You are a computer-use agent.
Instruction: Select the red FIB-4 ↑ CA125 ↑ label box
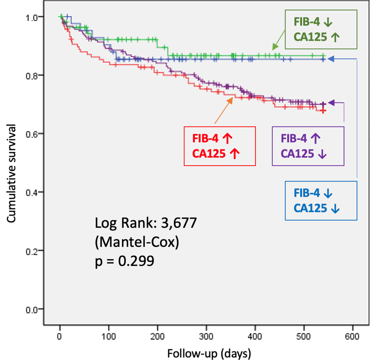point(220,146)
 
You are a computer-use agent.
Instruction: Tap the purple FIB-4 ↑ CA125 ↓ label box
point(308,146)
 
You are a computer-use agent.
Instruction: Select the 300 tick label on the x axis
point(206,337)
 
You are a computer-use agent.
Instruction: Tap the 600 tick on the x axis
point(353,337)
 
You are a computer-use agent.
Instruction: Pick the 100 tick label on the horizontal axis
point(108,337)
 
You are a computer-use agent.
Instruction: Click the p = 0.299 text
point(124,261)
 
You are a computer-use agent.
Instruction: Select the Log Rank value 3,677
point(178,223)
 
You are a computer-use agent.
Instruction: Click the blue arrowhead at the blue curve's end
point(331,59)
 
